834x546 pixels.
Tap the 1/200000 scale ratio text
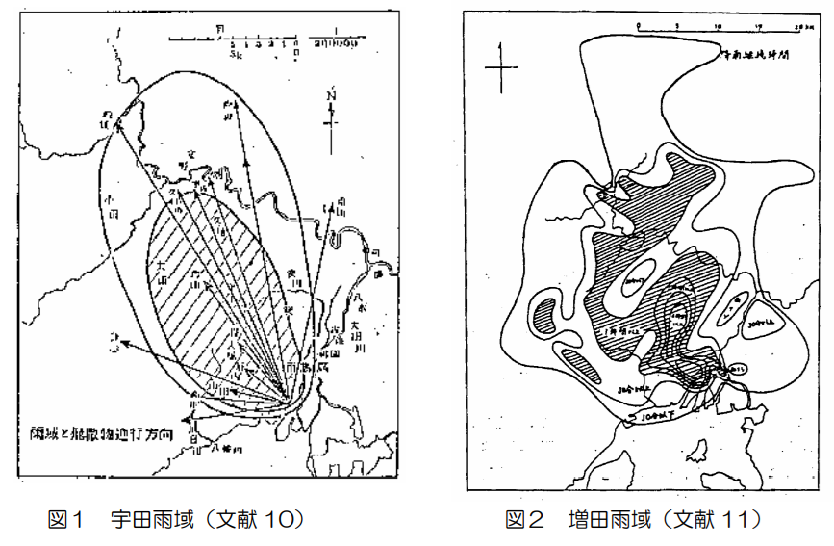point(334,43)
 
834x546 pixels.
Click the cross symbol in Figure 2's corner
point(501,66)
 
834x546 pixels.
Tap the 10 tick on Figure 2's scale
point(720,21)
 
